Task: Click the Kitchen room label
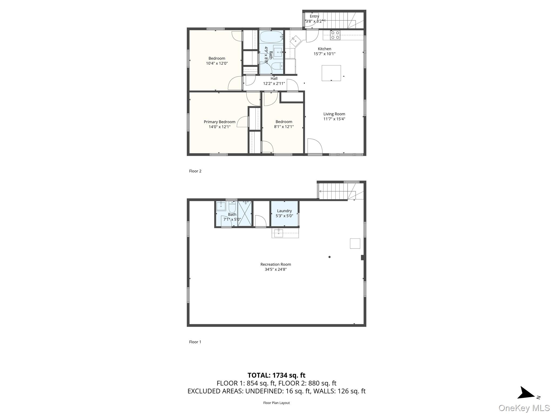[324, 49]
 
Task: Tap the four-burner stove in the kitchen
[335, 35]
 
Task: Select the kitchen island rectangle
[331, 73]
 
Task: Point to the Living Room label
[334, 114]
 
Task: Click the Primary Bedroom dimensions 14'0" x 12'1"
[219, 127]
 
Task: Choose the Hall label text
[274, 78]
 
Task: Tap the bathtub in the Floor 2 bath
[271, 37]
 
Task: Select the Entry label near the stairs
[314, 16]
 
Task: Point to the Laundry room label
[284, 211]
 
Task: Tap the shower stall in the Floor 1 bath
[245, 214]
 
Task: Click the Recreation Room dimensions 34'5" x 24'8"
[275, 269]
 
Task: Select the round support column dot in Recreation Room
[329, 257]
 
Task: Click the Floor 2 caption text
[195, 171]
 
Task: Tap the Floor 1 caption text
[195, 342]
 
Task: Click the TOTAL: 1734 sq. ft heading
[276, 375]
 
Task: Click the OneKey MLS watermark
[524, 408]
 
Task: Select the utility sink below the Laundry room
[278, 233]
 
